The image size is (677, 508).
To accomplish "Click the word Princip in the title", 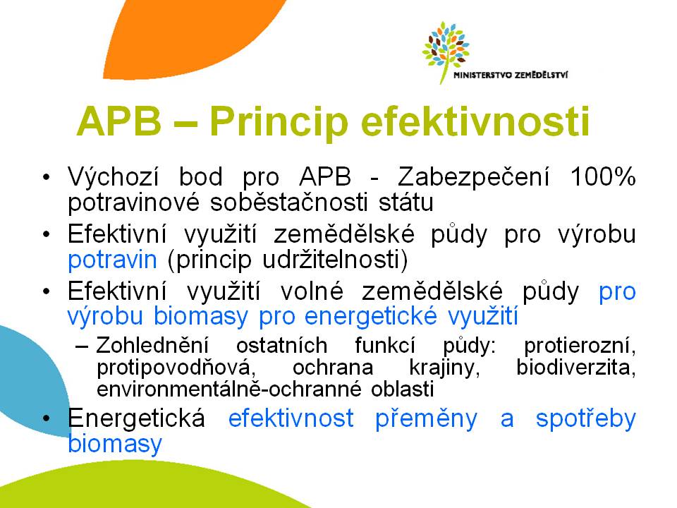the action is click(279, 122).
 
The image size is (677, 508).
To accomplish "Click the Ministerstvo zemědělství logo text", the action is click(511, 75).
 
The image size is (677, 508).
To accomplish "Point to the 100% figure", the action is click(603, 176).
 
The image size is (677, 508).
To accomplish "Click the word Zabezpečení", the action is click(474, 176).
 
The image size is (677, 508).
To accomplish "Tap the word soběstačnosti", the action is click(289, 202).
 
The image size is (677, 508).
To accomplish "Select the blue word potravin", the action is click(112, 260).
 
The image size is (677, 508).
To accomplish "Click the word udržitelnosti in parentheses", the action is click(329, 260).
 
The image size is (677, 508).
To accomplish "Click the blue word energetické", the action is click(371, 316).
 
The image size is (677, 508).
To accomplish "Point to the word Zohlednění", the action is click(152, 346).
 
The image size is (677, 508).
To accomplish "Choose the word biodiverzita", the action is click(576, 367).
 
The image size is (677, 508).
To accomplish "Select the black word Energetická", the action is click(136, 418).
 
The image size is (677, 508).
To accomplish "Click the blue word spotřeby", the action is click(586, 418).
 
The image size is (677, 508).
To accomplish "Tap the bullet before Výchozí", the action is click(47, 178).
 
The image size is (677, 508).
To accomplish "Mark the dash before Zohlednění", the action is click(82, 346).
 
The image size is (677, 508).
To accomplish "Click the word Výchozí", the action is click(113, 176).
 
